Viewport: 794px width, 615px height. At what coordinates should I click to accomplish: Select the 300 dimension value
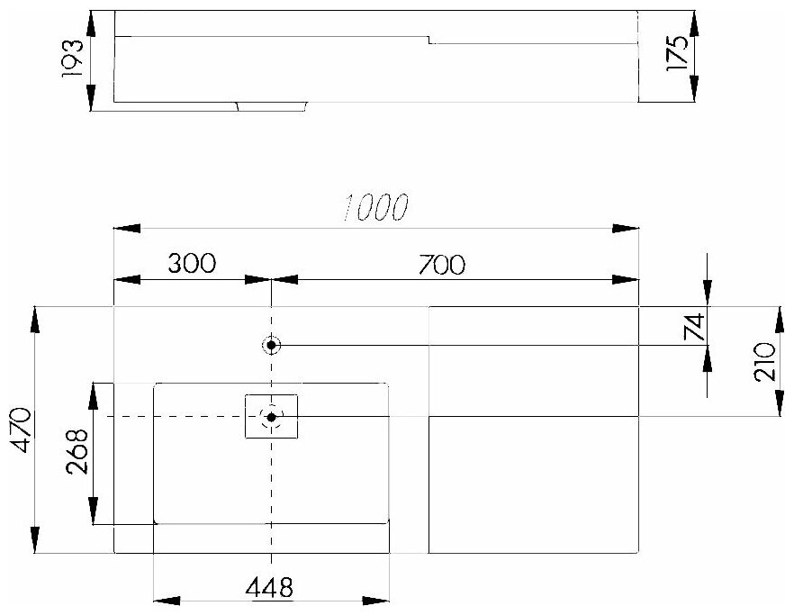point(191,263)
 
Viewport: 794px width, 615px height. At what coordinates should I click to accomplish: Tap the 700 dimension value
point(442,264)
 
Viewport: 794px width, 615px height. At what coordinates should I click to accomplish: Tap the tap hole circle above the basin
point(271,345)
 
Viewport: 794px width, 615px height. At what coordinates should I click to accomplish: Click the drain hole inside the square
point(271,416)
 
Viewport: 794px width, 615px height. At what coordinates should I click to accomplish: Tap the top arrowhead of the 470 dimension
point(35,319)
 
